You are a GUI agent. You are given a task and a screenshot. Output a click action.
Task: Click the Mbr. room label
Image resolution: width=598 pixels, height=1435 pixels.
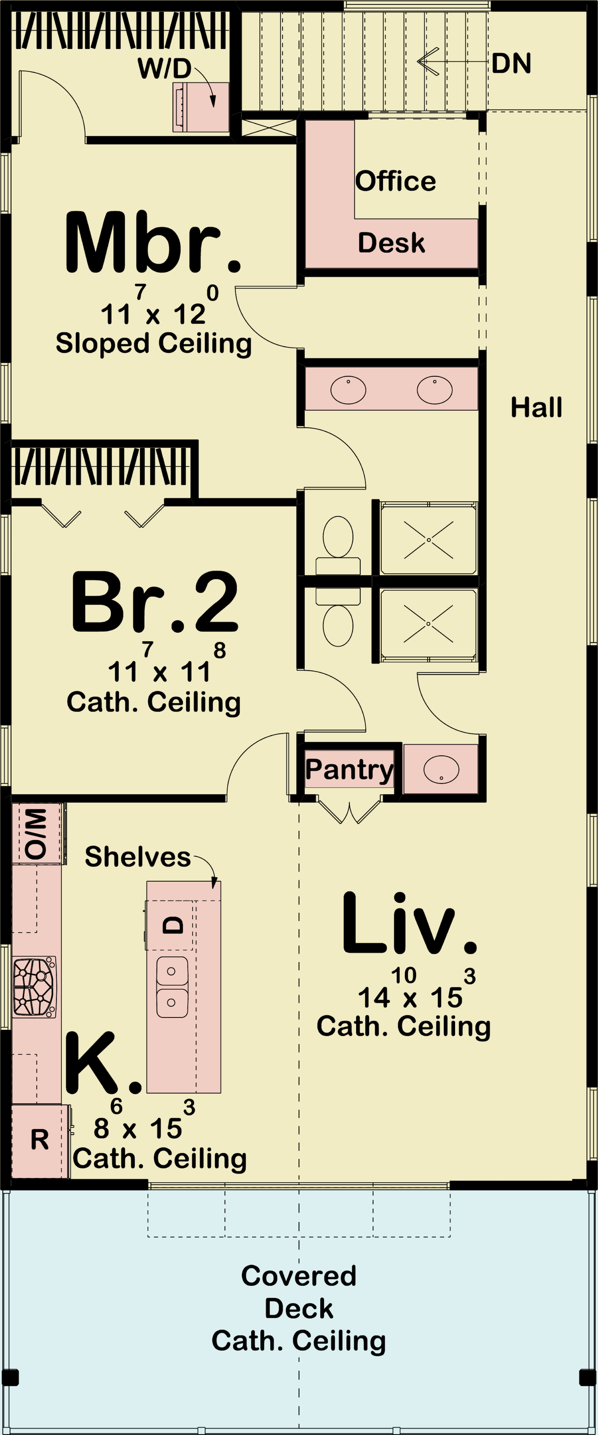pyautogui.click(x=153, y=243)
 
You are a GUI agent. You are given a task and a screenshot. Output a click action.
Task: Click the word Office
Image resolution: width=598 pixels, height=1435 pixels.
pyautogui.click(x=395, y=181)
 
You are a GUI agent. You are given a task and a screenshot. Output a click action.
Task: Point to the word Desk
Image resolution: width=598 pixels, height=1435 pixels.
pyautogui.click(x=391, y=243)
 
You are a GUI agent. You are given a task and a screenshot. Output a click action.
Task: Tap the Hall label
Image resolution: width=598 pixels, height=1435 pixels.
pyautogui.click(x=536, y=407)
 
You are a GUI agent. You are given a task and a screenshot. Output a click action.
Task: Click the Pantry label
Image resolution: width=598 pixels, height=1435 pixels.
pyautogui.click(x=350, y=770)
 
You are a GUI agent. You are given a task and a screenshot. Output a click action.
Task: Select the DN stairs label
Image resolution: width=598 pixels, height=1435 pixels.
pyautogui.click(x=511, y=63)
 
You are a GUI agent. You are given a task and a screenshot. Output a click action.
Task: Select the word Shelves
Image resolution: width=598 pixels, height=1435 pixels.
pyautogui.click(x=138, y=857)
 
